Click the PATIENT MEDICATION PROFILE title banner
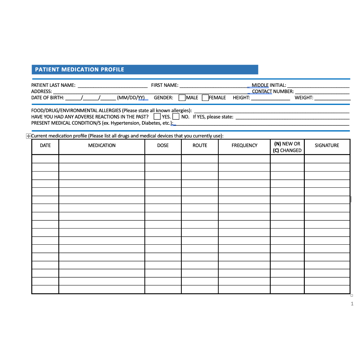tap(145, 70)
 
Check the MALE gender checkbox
tap(182, 98)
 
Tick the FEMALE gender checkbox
tap(205, 98)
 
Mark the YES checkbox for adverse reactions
tap(157, 116)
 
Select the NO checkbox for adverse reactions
tap(176, 116)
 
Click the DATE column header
tap(45, 146)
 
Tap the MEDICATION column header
tap(102, 146)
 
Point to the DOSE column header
tap(163, 146)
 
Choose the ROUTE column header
tap(200, 146)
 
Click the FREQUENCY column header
tap(244, 146)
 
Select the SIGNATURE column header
tap(327, 146)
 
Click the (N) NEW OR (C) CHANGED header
tap(287, 147)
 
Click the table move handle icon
tap(28, 136)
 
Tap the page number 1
tap(352, 304)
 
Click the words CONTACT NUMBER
tap(273, 91)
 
